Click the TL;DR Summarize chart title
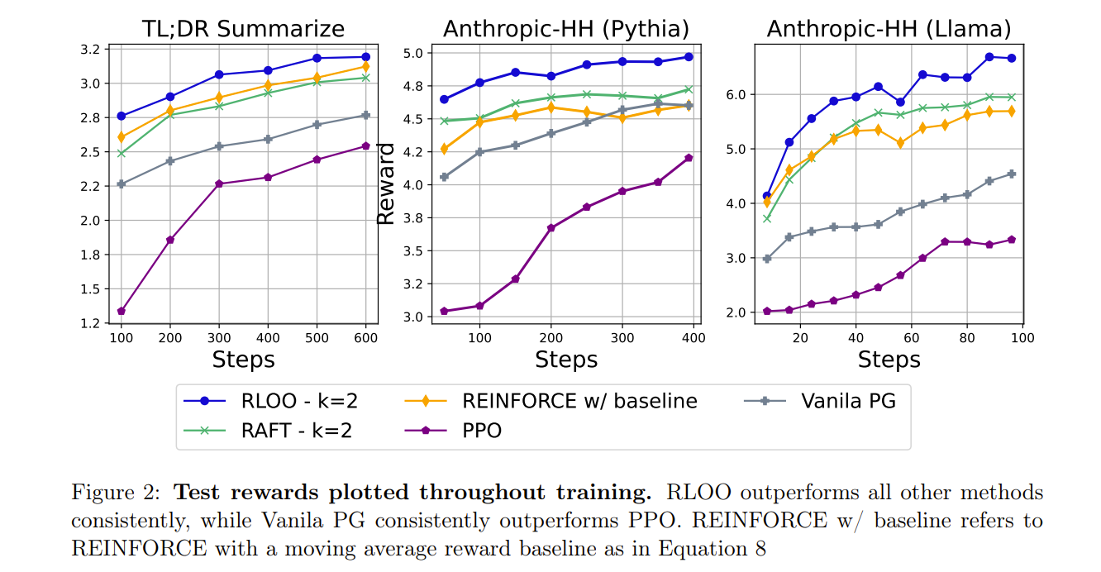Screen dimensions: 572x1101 point(242,30)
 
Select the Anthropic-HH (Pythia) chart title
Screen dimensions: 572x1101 point(566,30)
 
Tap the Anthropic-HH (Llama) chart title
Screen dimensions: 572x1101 point(889,30)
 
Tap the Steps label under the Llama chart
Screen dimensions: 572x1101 point(889,360)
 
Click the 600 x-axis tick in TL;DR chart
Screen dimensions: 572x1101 point(365,338)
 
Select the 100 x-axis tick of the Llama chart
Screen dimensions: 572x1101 point(1022,338)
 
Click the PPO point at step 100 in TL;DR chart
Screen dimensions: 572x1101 point(122,311)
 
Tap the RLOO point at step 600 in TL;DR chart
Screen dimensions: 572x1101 point(365,57)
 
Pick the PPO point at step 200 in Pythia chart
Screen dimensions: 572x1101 point(551,227)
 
